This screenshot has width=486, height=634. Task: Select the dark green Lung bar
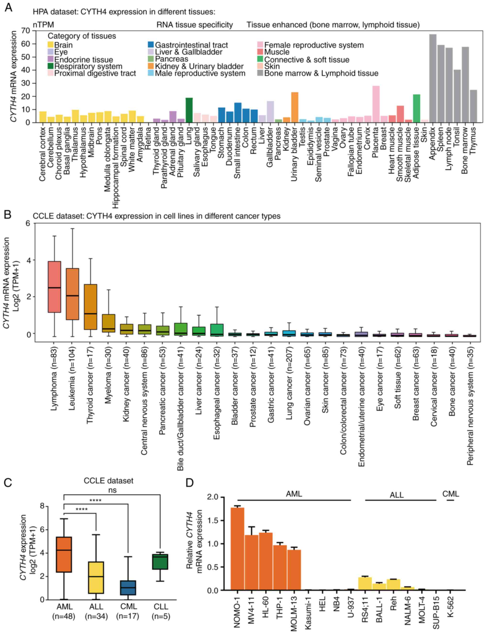coord(189,110)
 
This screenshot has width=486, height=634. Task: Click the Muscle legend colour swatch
coord(260,52)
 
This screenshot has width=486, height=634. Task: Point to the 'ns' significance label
coord(112,490)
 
